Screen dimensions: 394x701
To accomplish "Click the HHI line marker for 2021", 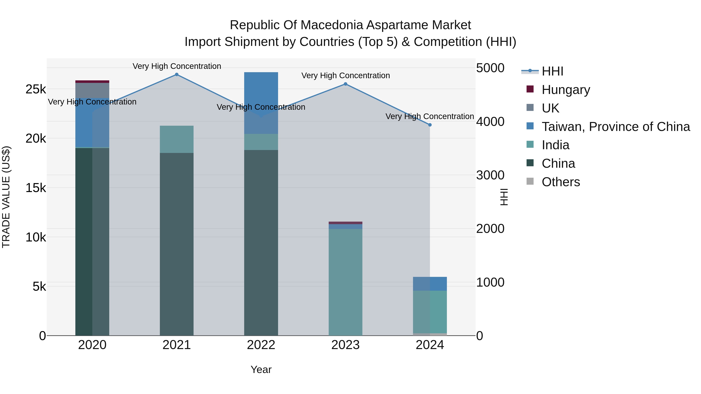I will [177, 75].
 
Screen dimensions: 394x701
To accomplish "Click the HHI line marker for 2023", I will [345, 84].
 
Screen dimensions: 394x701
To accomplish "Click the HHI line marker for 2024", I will [430, 125].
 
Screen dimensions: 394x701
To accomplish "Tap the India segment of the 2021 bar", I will [177, 139].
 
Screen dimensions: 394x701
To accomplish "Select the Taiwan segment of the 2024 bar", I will [430, 284].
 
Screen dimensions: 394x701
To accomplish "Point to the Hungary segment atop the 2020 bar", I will [92, 82].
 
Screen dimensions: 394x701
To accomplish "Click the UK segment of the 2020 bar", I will [92, 90].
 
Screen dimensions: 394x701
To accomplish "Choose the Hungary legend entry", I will [566, 90].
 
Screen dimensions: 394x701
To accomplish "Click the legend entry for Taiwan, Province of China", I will [616, 127].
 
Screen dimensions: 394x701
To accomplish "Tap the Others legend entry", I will [561, 182].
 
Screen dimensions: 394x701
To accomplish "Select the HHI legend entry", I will [552, 71].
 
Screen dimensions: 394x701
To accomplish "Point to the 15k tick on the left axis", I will [36, 188].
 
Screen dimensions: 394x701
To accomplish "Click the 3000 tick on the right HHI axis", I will [490, 175].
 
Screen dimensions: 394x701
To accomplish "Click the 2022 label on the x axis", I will [261, 345].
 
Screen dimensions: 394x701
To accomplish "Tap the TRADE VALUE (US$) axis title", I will [6, 197].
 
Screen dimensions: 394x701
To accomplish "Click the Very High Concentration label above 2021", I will [177, 66].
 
